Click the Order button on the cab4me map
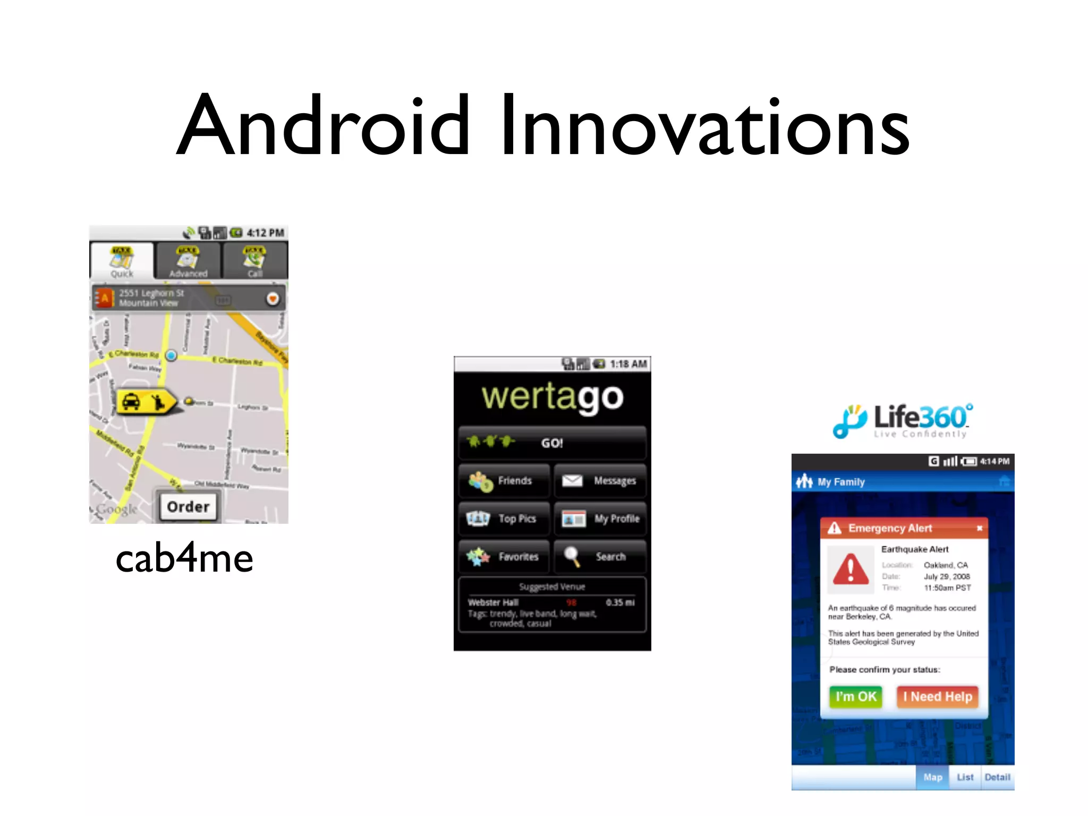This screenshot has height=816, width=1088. pos(188,506)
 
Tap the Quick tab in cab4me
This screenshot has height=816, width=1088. pos(122,261)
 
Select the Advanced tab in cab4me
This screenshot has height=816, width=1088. pos(188,261)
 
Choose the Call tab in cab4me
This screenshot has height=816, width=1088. pos(255,261)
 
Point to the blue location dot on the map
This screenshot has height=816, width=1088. pos(171,355)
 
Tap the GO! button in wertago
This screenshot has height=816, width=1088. pos(552,443)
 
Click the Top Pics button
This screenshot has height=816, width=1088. pos(504,519)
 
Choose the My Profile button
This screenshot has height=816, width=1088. pos(600,519)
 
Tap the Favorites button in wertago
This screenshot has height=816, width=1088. pos(504,557)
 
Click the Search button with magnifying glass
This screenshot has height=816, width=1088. pos(600,557)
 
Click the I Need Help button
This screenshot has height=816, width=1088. pos(938,697)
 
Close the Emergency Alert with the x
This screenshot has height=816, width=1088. pos(979,528)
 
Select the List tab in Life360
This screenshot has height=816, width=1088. pos(965,778)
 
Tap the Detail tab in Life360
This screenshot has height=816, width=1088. pos(997,778)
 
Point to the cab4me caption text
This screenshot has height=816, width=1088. pos(184,559)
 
